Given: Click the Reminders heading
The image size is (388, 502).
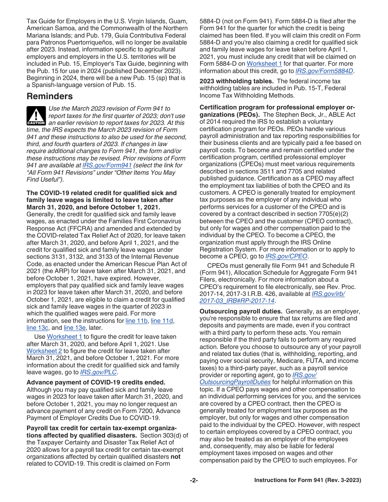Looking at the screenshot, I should point(49,97).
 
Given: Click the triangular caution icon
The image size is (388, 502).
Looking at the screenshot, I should point(36,116).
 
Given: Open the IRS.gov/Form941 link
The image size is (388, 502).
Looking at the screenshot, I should point(107,165).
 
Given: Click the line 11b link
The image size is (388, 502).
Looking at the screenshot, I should point(137,321).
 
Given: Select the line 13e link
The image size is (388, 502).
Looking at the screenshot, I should point(75,328).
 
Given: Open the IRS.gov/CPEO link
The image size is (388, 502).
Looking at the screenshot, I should point(287,256).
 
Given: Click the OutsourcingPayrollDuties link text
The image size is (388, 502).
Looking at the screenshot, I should point(235,382).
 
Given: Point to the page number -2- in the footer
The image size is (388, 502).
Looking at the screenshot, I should point(194,480).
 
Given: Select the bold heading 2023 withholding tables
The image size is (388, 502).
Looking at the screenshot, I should point(237,81).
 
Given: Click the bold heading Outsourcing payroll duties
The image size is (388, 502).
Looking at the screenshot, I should point(241,311).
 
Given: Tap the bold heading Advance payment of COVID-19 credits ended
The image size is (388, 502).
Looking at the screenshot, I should point(96,382).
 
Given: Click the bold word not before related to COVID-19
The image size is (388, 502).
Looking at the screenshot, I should point(176,457).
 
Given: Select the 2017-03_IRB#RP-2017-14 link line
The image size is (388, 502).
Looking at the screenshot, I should point(237,301).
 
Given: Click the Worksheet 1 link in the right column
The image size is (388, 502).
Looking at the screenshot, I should point(264,64).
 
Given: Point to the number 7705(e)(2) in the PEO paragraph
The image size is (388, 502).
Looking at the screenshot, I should point(334,214).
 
